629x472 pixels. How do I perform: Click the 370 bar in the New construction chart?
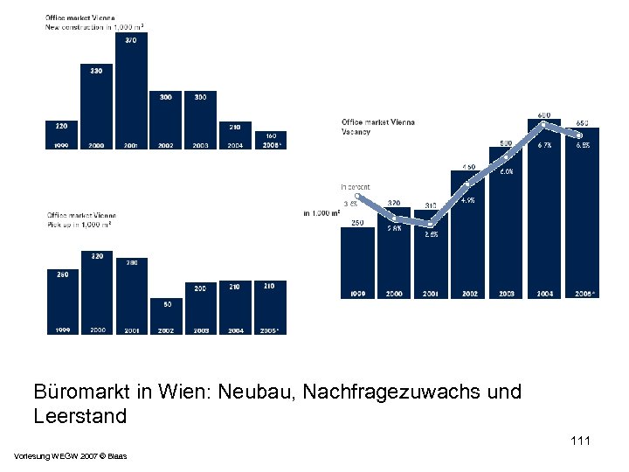(x=131, y=91)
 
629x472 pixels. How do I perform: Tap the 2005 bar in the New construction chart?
(x=270, y=140)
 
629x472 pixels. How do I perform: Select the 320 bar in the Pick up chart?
(x=96, y=293)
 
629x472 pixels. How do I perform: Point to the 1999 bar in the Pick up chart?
(x=62, y=302)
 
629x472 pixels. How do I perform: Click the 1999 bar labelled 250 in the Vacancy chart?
(x=357, y=262)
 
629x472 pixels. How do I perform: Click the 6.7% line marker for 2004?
(x=543, y=124)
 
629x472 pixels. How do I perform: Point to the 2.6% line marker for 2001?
(x=431, y=225)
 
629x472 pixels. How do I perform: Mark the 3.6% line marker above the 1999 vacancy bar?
(x=357, y=196)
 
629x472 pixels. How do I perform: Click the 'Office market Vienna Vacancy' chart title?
(x=378, y=127)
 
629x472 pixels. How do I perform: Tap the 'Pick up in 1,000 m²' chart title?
(x=81, y=219)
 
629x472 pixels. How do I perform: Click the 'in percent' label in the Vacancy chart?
(x=356, y=186)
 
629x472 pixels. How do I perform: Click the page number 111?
(x=580, y=441)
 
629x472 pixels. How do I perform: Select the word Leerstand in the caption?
(x=80, y=416)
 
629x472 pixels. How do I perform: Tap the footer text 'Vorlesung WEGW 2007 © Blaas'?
(x=70, y=456)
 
